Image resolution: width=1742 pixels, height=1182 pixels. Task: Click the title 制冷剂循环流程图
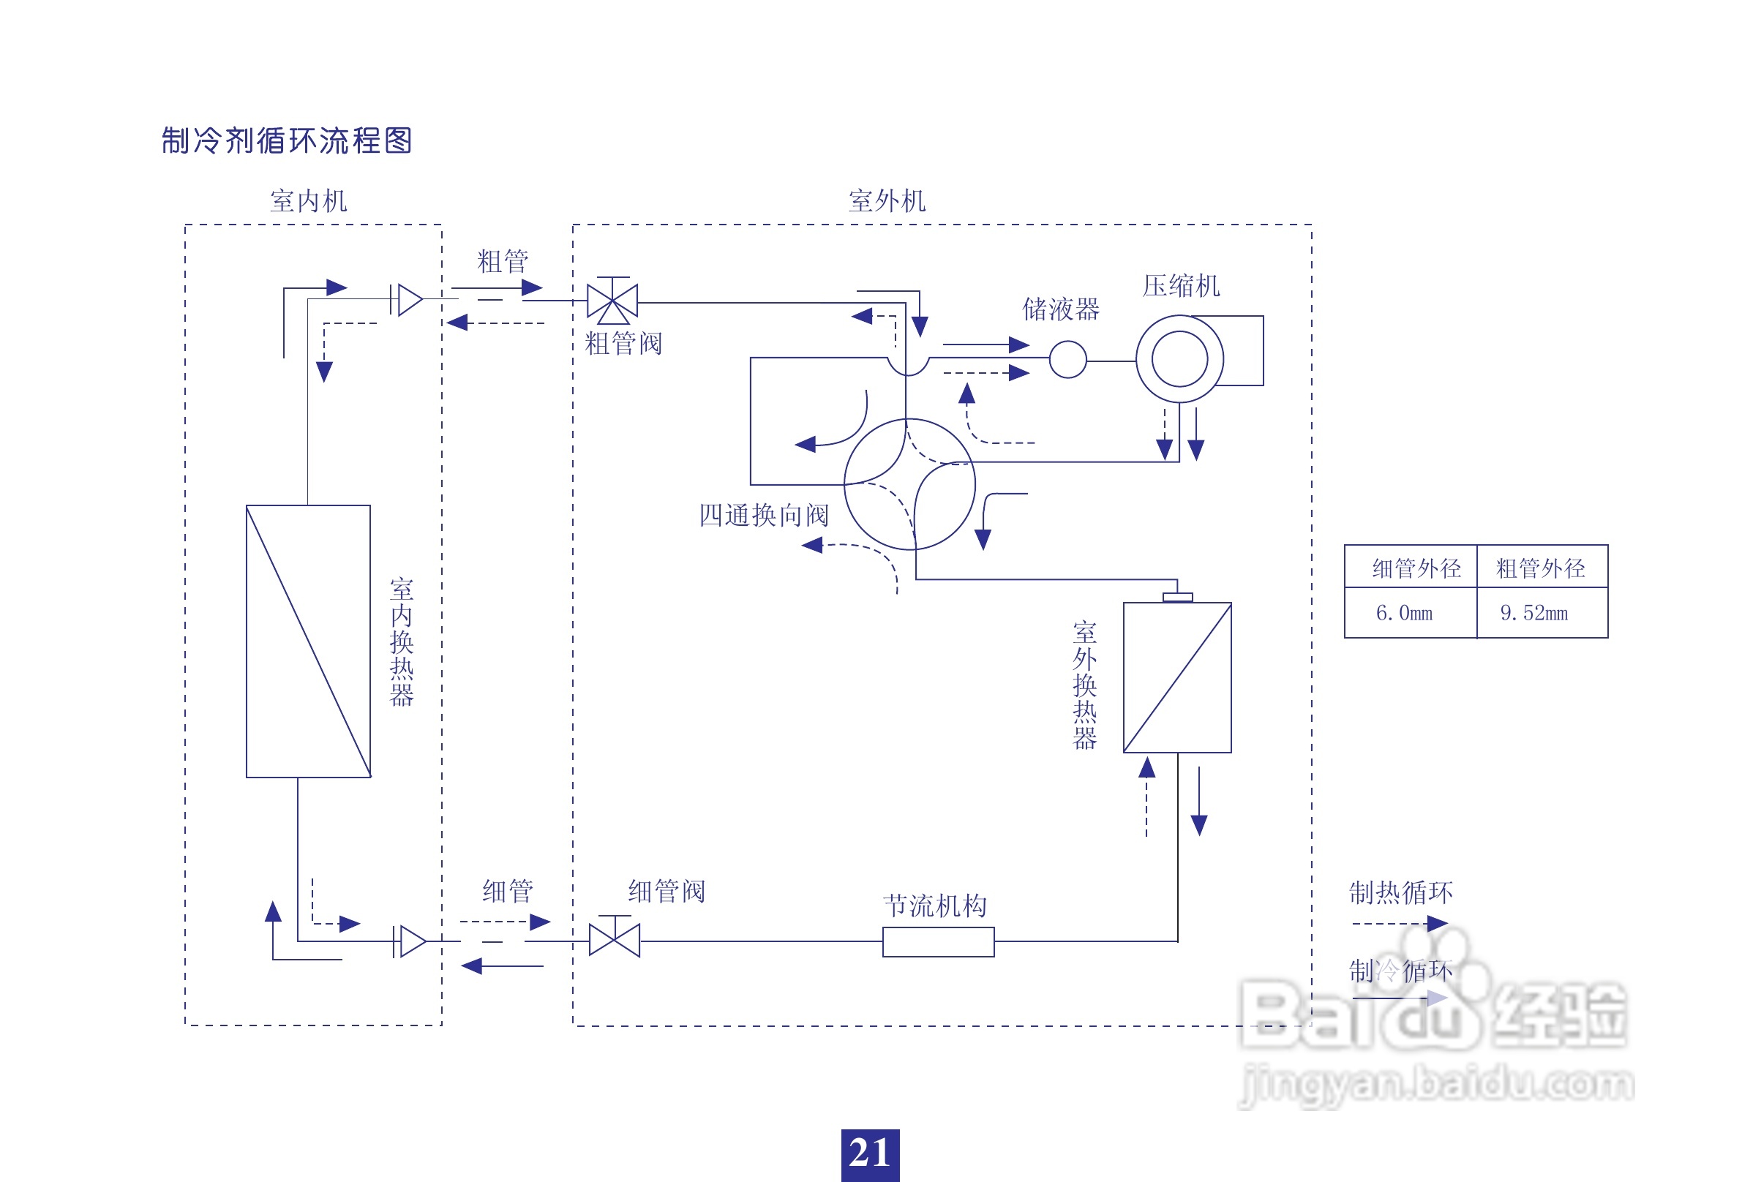click(286, 140)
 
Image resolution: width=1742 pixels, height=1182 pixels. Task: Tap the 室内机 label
click(308, 201)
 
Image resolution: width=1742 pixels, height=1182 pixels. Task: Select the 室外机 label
click(887, 201)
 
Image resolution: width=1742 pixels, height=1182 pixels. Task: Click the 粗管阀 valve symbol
click(612, 301)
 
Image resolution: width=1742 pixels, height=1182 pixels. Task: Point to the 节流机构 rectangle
click(938, 941)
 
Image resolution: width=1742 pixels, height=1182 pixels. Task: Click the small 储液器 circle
click(1067, 359)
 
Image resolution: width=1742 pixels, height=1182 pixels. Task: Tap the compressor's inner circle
click(1179, 359)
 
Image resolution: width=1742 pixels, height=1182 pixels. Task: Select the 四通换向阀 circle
click(909, 484)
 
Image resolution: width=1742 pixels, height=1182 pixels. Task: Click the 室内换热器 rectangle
click(308, 641)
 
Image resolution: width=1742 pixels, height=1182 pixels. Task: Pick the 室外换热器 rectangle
click(1177, 677)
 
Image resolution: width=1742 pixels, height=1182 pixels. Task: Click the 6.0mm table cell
click(1404, 613)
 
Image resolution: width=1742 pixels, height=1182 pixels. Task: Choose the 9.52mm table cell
click(1533, 613)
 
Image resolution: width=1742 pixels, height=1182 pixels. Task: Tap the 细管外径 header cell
click(1416, 568)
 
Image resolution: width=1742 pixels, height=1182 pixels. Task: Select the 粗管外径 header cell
click(1540, 568)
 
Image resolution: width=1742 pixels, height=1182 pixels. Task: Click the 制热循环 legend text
click(1400, 892)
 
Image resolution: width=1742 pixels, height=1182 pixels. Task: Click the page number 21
click(869, 1153)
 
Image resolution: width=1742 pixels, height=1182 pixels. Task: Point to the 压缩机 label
click(1181, 285)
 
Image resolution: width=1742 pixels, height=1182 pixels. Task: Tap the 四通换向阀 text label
click(764, 515)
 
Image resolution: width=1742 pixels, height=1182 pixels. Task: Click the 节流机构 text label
click(935, 906)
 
